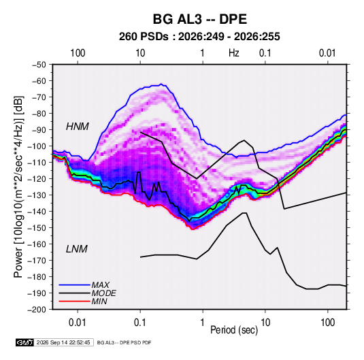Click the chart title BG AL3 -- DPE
click(x=199, y=19)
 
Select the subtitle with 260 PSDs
click(x=199, y=37)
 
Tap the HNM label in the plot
click(x=78, y=127)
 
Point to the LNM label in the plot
click(x=77, y=249)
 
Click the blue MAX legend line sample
click(x=74, y=285)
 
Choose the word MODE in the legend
click(x=103, y=293)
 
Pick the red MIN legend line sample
click(x=74, y=301)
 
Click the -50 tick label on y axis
click(x=39, y=65)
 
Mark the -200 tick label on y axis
click(x=37, y=310)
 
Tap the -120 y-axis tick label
click(x=37, y=179)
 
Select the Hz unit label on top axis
click(x=234, y=53)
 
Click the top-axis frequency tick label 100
click(x=78, y=53)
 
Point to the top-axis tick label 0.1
click(x=265, y=53)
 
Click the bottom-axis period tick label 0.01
click(x=78, y=323)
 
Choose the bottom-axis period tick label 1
click(x=203, y=323)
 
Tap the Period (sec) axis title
click(x=234, y=330)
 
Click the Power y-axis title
click(x=18, y=187)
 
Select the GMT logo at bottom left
click(x=24, y=342)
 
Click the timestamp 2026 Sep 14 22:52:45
click(x=63, y=342)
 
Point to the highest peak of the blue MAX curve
click(x=161, y=84)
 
